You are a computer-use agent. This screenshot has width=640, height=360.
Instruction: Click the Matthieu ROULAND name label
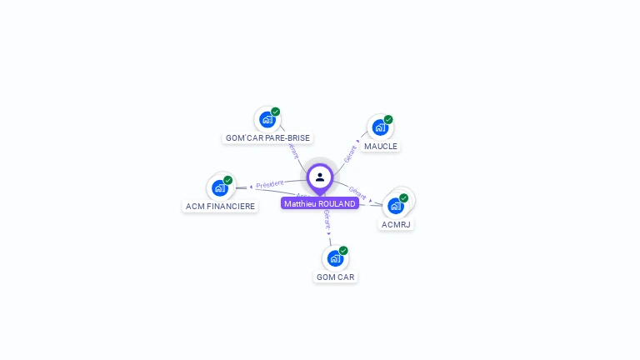(x=320, y=203)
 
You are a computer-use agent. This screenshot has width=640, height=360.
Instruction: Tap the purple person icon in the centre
(x=320, y=177)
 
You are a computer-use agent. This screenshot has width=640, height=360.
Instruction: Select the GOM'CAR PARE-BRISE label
(x=267, y=137)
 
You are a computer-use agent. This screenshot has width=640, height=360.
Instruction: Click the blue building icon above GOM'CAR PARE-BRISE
(x=267, y=119)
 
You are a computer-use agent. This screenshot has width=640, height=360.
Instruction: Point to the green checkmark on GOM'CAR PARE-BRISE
(x=276, y=112)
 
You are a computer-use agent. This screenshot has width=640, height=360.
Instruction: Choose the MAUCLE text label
(x=381, y=146)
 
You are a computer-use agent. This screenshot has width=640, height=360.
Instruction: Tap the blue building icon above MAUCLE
(x=380, y=127)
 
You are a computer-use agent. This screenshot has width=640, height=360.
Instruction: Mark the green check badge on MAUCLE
(x=388, y=120)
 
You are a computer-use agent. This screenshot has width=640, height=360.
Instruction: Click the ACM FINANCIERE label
(x=221, y=206)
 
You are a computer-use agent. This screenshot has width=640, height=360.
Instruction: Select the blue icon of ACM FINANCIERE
(x=220, y=187)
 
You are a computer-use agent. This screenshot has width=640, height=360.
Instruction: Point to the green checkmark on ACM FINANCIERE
(x=228, y=180)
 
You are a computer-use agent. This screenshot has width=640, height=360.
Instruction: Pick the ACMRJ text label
(x=396, y=224)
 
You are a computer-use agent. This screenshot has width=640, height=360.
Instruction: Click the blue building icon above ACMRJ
(x=396, y=205)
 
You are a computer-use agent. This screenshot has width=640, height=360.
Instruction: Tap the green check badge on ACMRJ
(x=404, y=198)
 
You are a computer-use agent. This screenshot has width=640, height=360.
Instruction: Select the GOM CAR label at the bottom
(x=336, y=277)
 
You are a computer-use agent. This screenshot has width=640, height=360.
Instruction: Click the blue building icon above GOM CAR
(x=335, y=258)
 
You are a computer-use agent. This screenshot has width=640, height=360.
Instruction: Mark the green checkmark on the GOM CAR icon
(x=343, y=251)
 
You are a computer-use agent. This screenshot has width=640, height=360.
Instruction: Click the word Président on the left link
(x=270, y=184)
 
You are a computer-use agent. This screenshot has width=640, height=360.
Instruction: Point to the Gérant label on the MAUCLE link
(x=350, y=152)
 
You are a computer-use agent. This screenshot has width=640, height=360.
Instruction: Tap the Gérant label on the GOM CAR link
(x=327, y=220)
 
